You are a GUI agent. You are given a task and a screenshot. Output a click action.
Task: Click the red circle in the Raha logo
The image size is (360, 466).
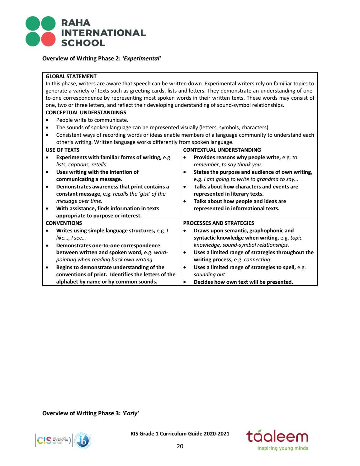coord(48,39)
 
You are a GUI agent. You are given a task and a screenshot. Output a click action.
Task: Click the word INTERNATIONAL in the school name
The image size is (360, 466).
coord(103,33)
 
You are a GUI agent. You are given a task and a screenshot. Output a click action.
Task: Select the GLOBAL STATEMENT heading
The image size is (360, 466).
coord(71,76)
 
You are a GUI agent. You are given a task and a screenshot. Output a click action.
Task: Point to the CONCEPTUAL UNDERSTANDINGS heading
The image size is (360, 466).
coord(86,112)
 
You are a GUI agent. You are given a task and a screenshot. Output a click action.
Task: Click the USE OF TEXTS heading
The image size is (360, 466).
coord(62,150)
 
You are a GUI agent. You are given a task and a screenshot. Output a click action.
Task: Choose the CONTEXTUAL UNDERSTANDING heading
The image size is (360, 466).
coord(222,150)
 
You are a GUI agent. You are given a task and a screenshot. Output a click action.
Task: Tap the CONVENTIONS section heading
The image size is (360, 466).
coord(64,223)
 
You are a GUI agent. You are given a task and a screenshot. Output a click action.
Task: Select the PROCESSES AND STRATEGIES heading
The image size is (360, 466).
coord(218,223)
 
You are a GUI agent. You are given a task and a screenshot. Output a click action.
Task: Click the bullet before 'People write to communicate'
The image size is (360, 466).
coord(47,120)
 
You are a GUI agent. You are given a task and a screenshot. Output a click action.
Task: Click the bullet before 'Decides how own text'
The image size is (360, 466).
coord(185,282)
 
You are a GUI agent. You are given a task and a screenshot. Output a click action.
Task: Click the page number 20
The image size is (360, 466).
coord(180,446)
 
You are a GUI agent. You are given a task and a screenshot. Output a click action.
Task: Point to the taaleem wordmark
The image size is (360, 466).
coord(277,437)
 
